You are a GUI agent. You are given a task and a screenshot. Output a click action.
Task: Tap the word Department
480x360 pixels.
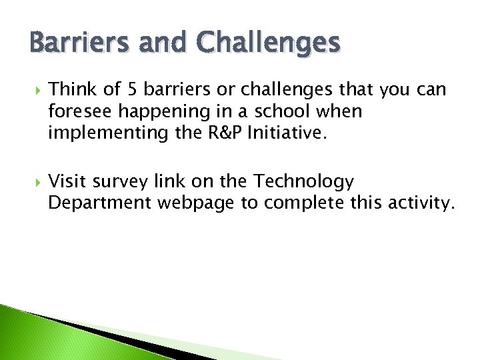pos(100,203)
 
